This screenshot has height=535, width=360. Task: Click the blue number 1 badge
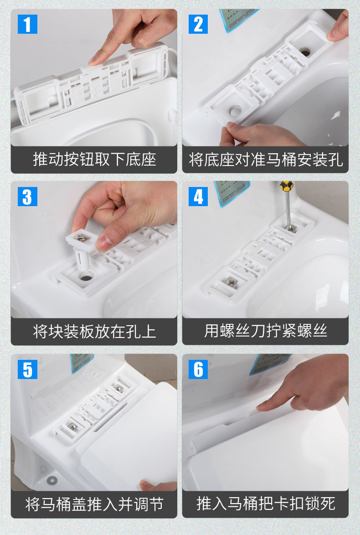[x=27, y=24]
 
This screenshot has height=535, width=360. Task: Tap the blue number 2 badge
[x=198, y=24]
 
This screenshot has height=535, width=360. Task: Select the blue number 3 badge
[x=27, y=197]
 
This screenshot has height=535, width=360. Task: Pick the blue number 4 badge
[x=198, y=197]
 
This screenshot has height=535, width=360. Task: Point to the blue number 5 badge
[x=27, y=369]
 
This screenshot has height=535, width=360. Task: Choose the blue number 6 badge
[x=198, y=369]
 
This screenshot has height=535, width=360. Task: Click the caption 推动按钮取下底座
[x=94, y=159]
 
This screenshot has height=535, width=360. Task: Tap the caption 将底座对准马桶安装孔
[x=266, y=159]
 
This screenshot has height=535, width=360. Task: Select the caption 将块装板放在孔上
[x=94, y=331]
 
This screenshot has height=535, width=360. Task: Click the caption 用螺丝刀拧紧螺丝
[x=266, y=331]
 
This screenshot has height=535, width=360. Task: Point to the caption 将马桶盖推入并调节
[x=94, y=504]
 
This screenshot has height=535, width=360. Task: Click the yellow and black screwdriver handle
[x=286, y=186]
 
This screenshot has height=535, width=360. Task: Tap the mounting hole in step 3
[x=86, y=277]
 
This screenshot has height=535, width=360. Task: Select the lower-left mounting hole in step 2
[x=235, y=110]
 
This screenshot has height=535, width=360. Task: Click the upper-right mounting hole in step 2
[x=305, y=52]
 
